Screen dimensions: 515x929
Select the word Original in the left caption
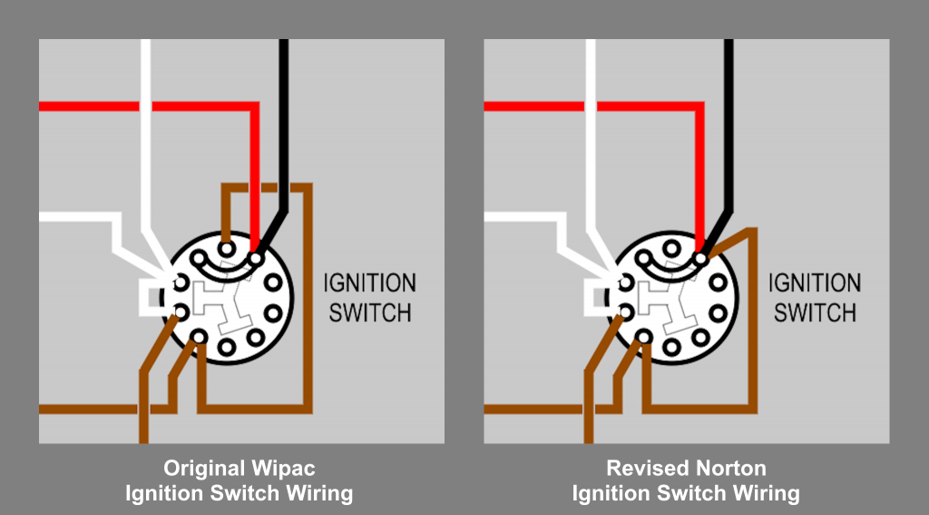(x=201, y=470)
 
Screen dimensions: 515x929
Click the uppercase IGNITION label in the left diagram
(x=369, y=283)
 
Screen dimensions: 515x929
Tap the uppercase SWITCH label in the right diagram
(x=815, y=313)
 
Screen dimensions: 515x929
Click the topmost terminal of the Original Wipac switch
(x=227, y=245)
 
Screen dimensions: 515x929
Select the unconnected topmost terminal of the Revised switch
(x=671, y=245)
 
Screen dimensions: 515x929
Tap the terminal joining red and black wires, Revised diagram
(x=700, y=259)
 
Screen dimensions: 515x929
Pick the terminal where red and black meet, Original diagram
(x=256, y=259)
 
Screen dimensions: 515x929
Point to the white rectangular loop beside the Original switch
(x=148, y=297)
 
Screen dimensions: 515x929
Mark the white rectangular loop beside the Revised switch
(x=592, y=297)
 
